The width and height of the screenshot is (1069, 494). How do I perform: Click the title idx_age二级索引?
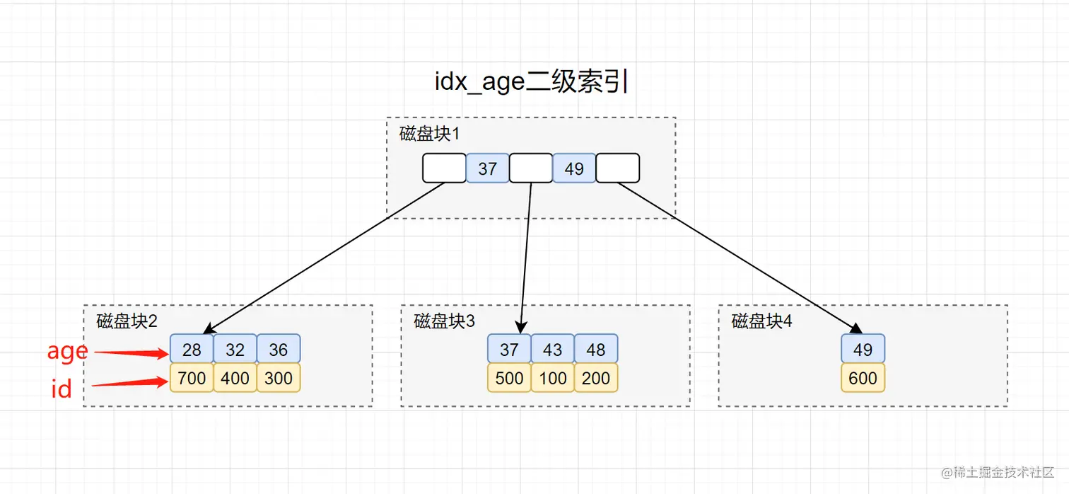click(x=532, y=81)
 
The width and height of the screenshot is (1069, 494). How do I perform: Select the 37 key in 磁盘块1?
click(x=487, y=168)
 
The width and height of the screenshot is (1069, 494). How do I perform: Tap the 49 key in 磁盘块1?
click(x=574, y=168)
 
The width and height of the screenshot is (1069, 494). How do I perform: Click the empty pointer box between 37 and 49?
click(x=531, y=168)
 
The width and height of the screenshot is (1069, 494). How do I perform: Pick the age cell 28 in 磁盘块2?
click(x=192, y=349)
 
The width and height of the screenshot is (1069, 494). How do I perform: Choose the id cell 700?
click(x=192, y=378)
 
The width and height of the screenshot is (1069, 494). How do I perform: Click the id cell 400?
click(x=235, y=378)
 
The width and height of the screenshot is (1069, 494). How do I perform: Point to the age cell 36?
click(x=279, y=349)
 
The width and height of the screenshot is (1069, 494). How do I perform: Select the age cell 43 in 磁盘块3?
click(x=553, y=349)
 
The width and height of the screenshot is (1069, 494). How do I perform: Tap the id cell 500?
click(x=509, y=378)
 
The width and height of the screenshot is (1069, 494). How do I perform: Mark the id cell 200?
click(x=596, y=378)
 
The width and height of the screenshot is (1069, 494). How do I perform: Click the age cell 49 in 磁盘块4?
click(x=863, y=349)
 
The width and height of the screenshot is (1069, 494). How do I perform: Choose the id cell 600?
click(x=863, y=378)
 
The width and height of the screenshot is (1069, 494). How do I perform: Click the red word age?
click(x=67, y=352)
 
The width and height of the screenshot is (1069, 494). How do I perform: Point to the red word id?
click(x=62, y=388)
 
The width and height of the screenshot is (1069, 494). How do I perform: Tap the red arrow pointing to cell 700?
click(x=130, y=382)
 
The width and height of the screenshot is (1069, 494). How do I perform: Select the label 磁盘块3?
click(x=444, y=321)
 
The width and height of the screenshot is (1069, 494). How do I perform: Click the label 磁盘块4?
click(x=761, y=321)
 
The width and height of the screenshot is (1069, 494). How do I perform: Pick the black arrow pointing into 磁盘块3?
click(x=526, y=258)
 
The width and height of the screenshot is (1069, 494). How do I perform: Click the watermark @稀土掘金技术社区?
click(x=998, y=473)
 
